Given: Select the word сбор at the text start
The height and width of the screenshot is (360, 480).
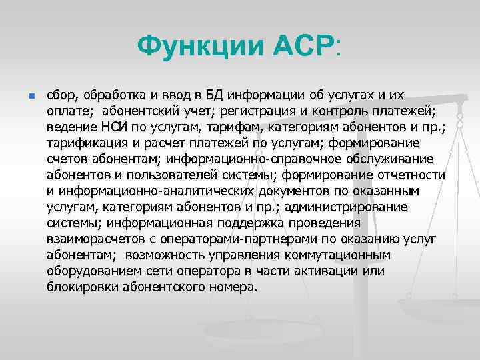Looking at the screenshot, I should pyautogui.click(x=61, y=95).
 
